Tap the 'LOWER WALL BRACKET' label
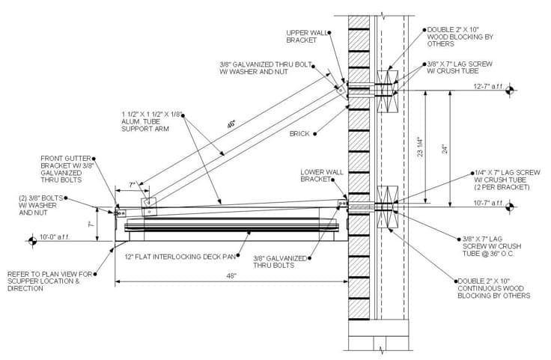point(322,175)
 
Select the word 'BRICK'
point(301,134)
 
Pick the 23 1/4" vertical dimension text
point(420,147)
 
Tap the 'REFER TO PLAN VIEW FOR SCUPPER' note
point(50,280)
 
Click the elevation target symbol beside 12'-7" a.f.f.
point(510,91)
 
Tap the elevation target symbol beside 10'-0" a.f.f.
point(32,241)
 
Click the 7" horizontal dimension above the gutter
point(132,184)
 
